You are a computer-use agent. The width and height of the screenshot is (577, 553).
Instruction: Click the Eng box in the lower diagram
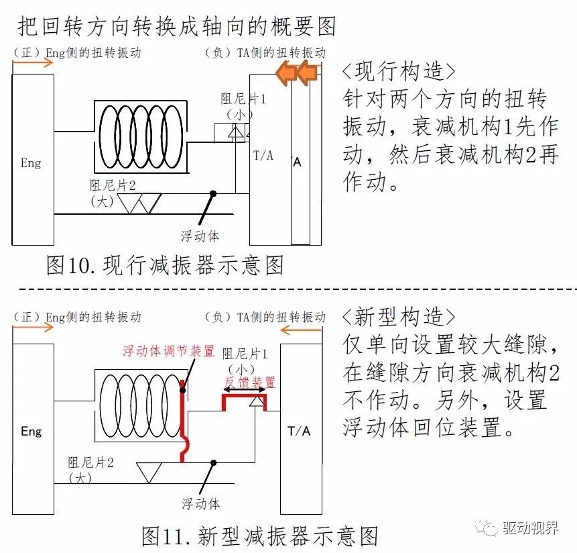[x=31, y=430]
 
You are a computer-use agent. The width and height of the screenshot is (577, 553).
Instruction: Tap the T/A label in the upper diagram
[x=263, y=156]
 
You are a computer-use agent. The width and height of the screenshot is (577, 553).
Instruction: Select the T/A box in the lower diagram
[x=300, y=430]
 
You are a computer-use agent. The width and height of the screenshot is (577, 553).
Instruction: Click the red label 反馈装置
[x=249, y=382]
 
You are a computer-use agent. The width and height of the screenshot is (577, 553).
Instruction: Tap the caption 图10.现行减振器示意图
[x=165, y=265]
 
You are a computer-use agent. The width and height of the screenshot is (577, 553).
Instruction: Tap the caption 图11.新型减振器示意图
[x=260, y=536]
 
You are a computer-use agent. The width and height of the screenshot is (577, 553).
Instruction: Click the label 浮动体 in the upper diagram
[x=200, y=236]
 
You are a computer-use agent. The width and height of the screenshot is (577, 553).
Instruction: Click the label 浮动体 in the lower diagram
[x=200, y=503]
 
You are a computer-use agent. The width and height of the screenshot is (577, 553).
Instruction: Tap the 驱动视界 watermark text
[x=529, y=528]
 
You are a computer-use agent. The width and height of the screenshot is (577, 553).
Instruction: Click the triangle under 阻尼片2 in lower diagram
[x=149, y=471]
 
